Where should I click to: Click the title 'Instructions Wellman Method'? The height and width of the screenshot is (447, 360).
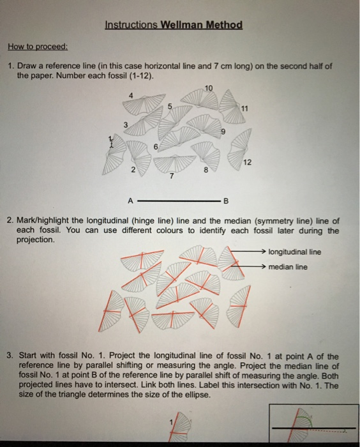pos(174,26)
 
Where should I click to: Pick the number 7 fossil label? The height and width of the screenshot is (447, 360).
pos(171,177)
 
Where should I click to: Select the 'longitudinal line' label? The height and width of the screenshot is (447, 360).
pos(296,251)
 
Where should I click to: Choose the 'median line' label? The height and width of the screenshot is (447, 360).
pos(288,267)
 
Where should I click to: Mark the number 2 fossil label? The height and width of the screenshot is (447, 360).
pos(133,170)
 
